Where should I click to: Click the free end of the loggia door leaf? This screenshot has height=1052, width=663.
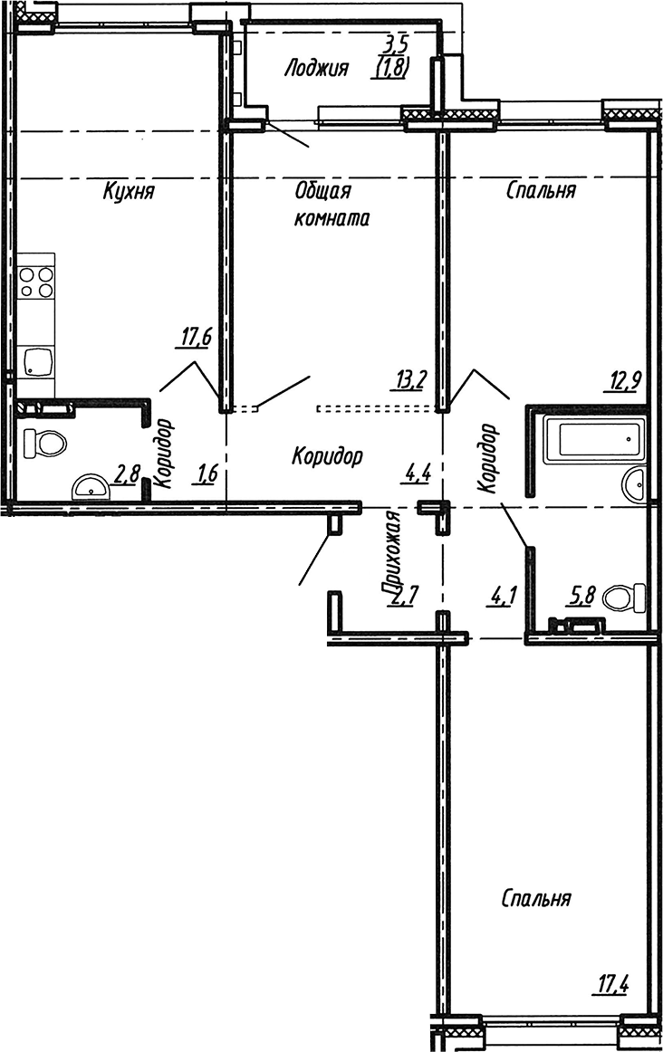(x=310, y=147)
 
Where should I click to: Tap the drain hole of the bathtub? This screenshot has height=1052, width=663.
(x=628, y=439)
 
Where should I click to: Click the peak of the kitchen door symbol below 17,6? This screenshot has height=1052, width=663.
(x=195, y=362)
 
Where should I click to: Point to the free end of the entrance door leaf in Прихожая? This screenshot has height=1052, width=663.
(x=299, y=584)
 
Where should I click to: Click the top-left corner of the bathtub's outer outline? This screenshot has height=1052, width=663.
(x=543, y=416)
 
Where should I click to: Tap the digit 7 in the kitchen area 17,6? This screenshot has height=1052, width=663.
(x=193, y=337)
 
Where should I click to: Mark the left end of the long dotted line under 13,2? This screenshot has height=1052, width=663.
(x=317, y=406)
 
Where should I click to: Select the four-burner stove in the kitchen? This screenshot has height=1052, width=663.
(x=36, y=282)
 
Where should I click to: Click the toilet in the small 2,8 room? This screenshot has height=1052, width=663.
(x=44, y=443)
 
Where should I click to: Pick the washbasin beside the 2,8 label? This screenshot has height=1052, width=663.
(x=90, y=486)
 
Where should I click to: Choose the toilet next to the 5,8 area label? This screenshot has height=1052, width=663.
(x=625, y=597)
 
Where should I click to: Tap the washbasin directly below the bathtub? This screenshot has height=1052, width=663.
(x=634, y=483)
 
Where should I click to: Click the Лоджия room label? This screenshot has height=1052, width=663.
(x=316, y=69)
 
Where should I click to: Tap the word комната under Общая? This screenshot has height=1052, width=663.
(x=331, y=218)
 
